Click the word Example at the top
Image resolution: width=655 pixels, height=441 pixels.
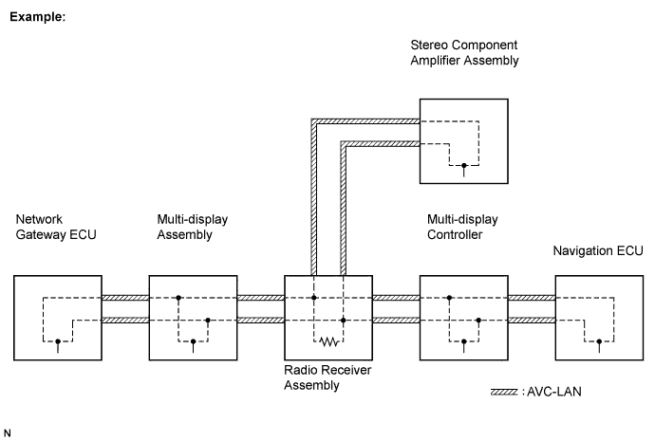36,18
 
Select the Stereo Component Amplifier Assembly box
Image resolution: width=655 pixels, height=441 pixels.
464,140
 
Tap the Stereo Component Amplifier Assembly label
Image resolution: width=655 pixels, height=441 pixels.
465,52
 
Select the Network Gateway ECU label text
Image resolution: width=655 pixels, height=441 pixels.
54,227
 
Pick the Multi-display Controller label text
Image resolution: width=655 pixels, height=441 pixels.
463,227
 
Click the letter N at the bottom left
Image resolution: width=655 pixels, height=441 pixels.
9,432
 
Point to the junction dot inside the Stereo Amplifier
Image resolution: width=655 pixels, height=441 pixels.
463,165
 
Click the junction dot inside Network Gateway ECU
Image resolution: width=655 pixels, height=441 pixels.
58,341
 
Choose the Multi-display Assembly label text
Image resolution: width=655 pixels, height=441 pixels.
193,227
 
